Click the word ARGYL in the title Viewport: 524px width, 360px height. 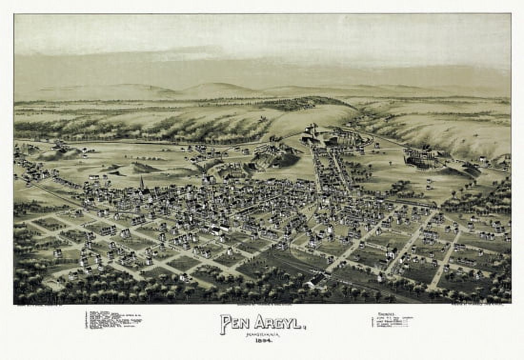click(278, 323)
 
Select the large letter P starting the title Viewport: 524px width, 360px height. click(225, 324)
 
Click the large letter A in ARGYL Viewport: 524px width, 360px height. click(260, 322)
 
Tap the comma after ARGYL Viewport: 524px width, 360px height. click(304, 327)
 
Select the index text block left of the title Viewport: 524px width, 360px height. click(113, 320)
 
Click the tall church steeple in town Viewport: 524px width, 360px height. click(142, 182)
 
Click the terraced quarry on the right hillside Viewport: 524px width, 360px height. click(422, 158)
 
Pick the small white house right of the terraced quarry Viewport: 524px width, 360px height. click(482, 160)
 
